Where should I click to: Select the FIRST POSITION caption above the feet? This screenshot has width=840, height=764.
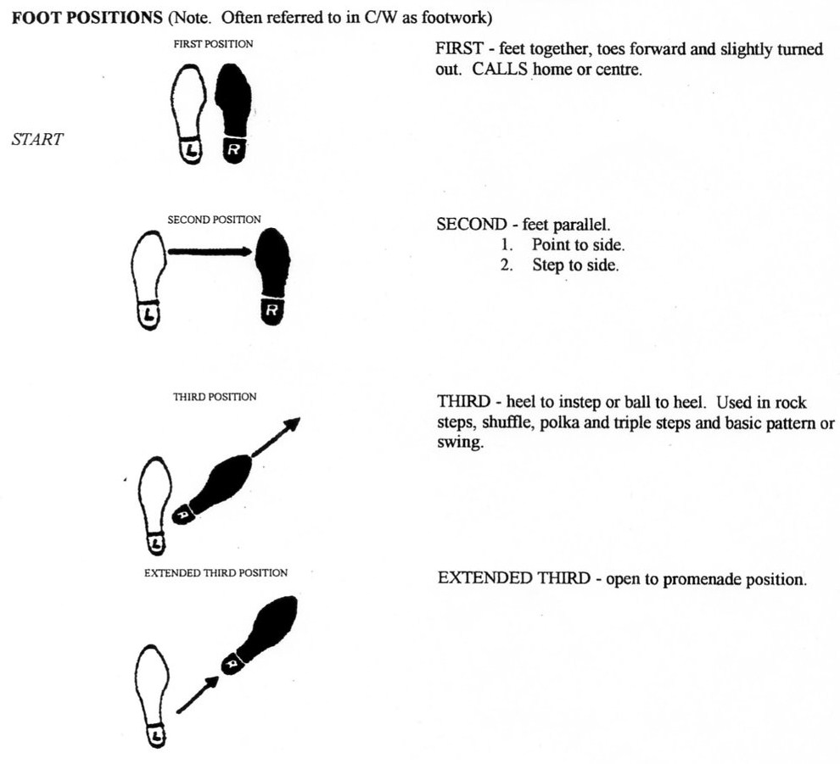pos(212,44)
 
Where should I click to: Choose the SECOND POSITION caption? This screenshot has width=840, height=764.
pos(214,220)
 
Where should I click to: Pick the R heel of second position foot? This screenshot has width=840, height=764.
pos(272,312)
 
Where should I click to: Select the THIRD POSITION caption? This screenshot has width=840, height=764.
pos(215,396)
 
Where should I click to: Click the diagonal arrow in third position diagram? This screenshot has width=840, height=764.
pos(277,438)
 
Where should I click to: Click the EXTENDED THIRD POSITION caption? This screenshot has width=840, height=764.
pos(216,572)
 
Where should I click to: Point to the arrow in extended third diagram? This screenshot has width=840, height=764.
pos(196,693)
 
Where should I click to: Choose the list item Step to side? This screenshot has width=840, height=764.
pos(575,265)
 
